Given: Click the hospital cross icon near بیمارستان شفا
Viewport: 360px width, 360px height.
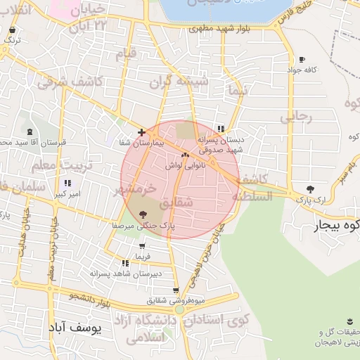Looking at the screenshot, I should (141, 132).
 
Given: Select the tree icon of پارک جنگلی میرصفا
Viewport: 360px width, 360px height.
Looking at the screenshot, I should (144, 214).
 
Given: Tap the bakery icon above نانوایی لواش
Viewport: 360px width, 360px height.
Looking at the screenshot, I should (186, 155).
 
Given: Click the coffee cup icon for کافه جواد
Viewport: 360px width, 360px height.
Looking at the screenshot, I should (302, 59).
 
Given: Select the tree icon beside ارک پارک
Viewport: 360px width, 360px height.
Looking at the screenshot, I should (311, 188).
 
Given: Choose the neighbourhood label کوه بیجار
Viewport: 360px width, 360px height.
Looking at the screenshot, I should (335, 226).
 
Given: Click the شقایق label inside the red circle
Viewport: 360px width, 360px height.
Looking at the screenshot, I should (177, 202).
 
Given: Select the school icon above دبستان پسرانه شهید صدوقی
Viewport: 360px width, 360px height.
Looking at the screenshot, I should (221, 129).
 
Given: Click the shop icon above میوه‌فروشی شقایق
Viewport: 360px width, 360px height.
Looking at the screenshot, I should (176, 290).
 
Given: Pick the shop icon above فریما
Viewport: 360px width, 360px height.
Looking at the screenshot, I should (143, 247).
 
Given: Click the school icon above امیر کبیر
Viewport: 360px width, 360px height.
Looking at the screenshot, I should (67, 183).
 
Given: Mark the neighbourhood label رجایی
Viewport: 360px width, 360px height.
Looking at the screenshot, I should (295, 117).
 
